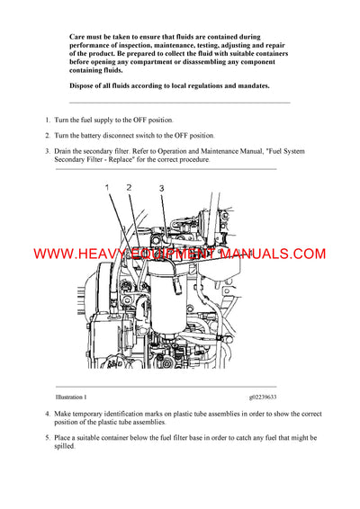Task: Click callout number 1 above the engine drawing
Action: point(106,187)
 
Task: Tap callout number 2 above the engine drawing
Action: point(129,187)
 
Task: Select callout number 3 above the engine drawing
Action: point(161,189)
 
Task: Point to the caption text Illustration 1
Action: point(71,396)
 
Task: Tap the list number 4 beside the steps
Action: point(47,415)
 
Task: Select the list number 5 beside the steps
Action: point(47,436)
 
